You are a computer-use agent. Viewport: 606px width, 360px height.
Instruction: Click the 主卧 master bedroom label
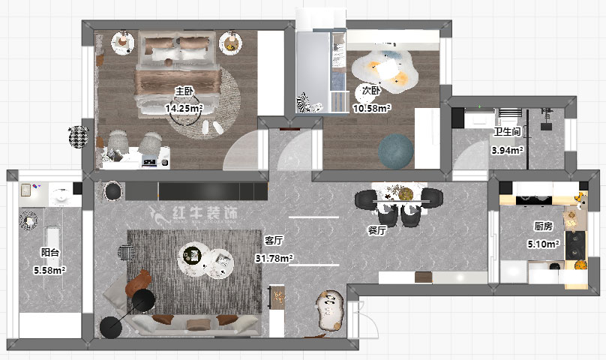184,91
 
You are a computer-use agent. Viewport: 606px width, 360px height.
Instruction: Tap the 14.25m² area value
184,108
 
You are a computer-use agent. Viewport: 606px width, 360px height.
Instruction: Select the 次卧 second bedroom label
371,91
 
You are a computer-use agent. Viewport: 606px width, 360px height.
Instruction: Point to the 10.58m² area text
371,108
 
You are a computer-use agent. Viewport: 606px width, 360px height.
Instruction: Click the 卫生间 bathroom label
508,131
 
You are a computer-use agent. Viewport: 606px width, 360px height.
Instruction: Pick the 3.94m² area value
508,150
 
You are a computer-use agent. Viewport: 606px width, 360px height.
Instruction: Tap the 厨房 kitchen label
544,226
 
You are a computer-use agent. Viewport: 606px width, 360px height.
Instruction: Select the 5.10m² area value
544,244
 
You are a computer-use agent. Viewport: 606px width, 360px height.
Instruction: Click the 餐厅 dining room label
376,230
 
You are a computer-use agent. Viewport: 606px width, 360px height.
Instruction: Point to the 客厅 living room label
274,240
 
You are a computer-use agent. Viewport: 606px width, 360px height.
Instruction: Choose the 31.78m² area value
274,258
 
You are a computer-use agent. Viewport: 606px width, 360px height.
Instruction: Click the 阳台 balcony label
50,253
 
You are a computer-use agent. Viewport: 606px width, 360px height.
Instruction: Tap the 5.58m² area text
49,270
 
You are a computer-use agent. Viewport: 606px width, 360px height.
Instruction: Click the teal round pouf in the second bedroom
396,151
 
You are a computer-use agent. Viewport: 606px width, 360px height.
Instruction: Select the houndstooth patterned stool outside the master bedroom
79,137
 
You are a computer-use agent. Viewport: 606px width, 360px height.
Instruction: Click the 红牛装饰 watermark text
205,213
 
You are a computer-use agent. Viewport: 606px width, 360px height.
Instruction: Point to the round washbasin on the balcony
61,195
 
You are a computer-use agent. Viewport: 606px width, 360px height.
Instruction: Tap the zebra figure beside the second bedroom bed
304,103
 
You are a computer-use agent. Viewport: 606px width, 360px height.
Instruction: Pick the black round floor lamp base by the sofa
111,327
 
